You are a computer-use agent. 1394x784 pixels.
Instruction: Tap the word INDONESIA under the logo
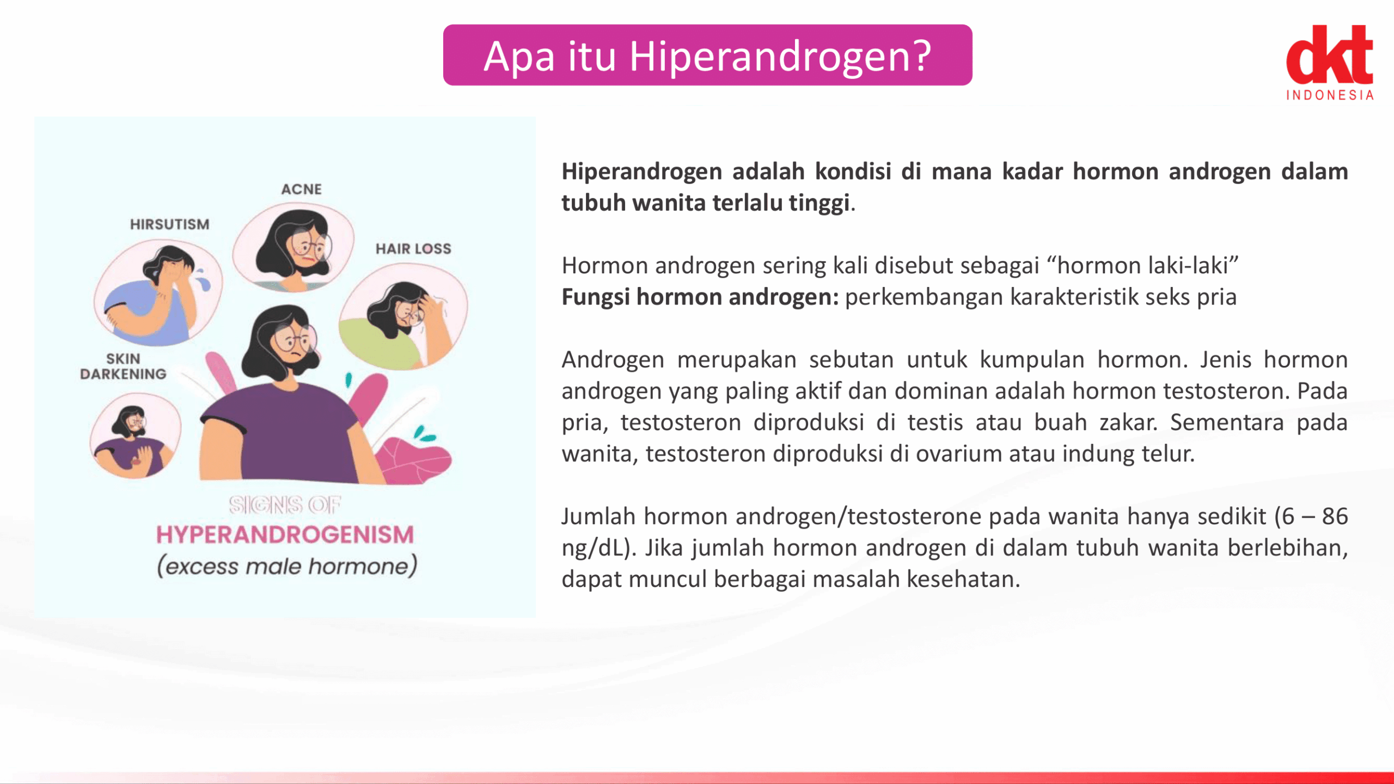[1330, 95]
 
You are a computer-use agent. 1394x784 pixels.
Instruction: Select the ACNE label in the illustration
[301, 189]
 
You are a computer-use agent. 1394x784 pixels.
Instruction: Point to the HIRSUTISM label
[169, 224]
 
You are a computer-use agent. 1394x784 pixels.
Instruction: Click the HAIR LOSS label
[413, 249]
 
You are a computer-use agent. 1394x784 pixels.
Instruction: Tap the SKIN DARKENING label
[123, 366]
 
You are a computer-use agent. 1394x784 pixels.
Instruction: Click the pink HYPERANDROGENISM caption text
[285, 535]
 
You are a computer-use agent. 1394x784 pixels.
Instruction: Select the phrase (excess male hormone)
[287, 566]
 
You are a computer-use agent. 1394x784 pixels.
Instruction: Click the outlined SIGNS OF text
[285, 505]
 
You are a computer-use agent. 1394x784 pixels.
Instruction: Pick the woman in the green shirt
[403, 318]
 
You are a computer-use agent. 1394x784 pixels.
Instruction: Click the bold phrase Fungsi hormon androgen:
[700, 297]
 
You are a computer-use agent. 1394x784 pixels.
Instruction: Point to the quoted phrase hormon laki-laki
[1148, 266]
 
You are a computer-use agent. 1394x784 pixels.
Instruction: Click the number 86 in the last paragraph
[1335, 516]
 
